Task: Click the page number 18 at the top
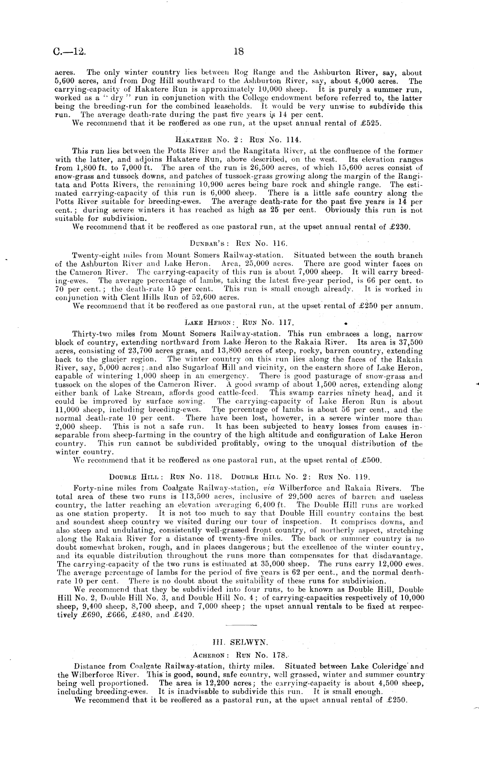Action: point(239,52)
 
